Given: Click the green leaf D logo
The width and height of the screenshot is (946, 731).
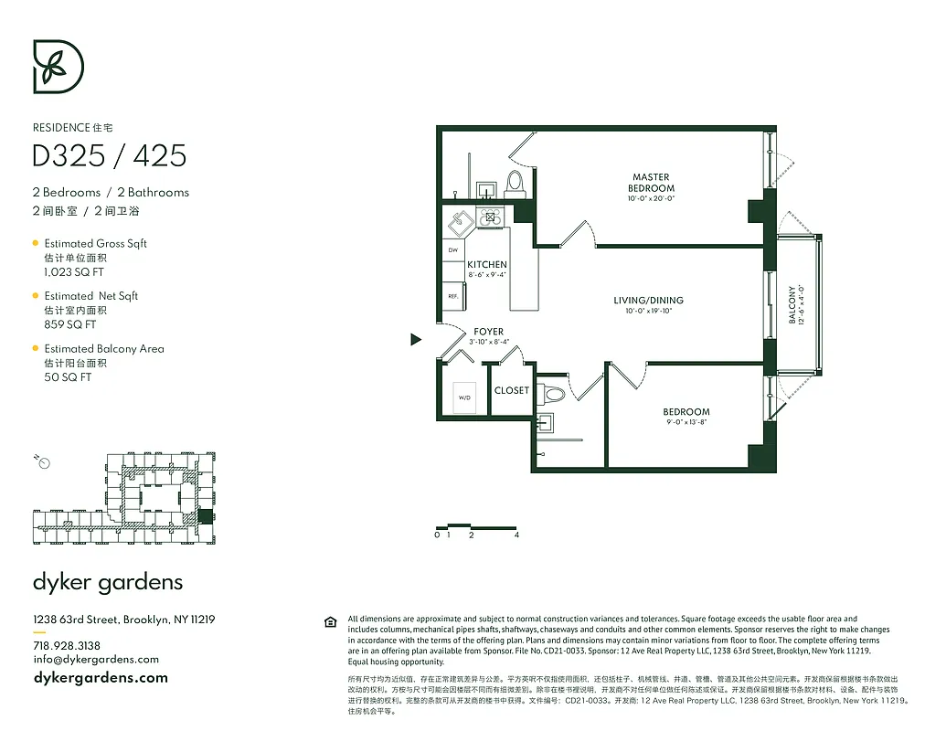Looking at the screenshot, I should pyautogui.click(x=58, y=67).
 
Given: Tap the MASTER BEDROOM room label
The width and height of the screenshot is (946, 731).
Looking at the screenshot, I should pyautogui.click(x=651, y=183).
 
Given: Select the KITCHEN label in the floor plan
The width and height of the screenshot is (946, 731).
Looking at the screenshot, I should pyautogui.click(x=486, y=265).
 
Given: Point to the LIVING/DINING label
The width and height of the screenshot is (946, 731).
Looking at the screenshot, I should pyautogui.click(x=648, y=301).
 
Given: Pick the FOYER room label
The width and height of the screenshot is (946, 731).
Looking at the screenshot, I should pyautogui.click(x=488, y=332).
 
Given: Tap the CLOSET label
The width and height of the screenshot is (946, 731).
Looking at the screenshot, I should pyautogui.click(x=511, y=390).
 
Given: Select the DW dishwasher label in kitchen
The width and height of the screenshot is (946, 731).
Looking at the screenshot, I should pyautogui.click(x=452, y=249).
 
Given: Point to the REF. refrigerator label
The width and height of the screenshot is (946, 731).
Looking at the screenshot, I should pyautogui.click(x=452, y=297).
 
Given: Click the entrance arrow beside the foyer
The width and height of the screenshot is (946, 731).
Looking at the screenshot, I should pyautogui.click(x=416, y=340).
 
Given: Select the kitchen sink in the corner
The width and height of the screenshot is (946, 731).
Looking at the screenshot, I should pyautogui.click(x=459, y=219).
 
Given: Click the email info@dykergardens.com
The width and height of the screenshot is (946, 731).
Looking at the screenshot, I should pyautogui.click(x=96, y=659).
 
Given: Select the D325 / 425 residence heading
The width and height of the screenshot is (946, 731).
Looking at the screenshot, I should pyautogui.click(x=109, y=156).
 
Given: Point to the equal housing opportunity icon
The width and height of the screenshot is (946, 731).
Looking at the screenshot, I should pyautogui.click(x=330, y=622).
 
